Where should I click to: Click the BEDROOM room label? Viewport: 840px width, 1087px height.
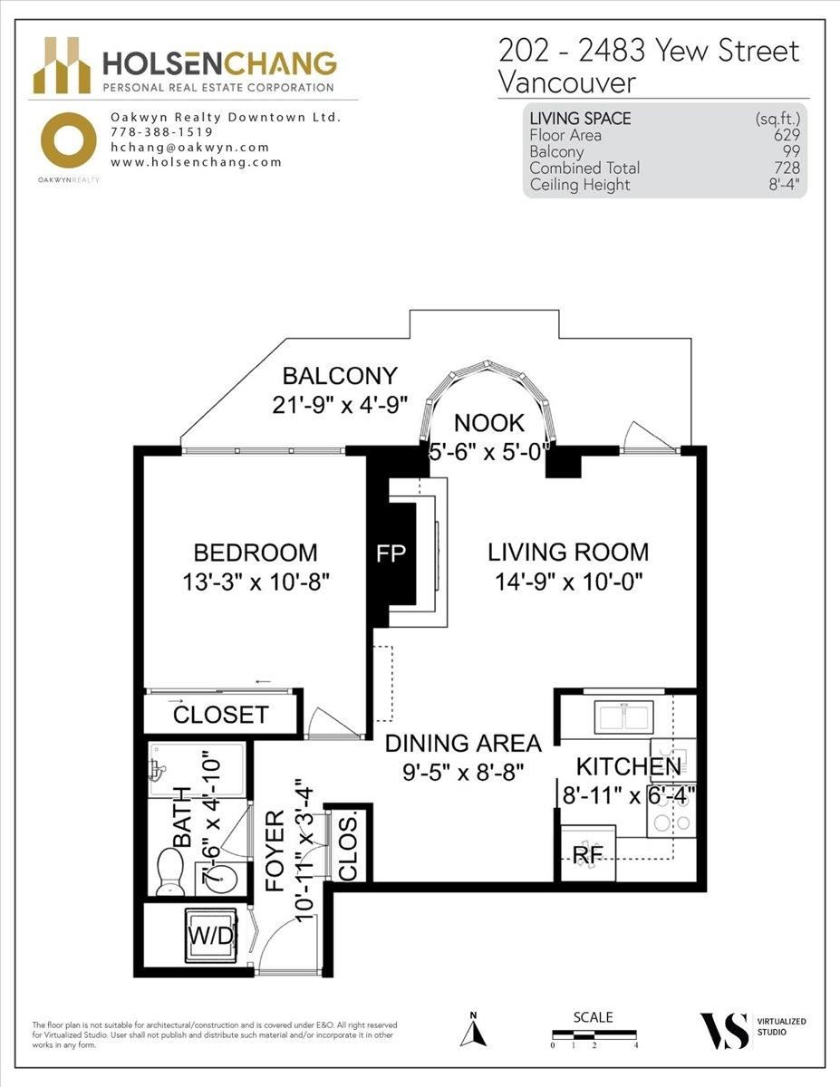(x=256, y=553)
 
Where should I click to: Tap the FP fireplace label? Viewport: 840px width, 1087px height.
(x=391, y=553)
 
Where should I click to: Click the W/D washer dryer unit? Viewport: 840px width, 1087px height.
(x=210, y=935)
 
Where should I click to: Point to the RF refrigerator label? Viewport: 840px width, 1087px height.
(x=588, y=855)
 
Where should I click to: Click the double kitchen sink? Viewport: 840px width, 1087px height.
(x=623, y=717)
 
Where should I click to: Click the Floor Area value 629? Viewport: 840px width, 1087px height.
(x=787, y=135)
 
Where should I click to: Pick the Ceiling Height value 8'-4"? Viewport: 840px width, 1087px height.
(x=785, y=185)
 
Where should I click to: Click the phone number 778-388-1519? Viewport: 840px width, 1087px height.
(x=161, y=132)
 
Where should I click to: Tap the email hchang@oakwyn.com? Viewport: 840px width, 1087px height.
(x=189, y=148)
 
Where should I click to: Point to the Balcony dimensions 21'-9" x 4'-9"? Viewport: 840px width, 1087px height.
(x=340, y=405)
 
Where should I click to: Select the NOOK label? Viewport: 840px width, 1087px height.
(x=489, y=424)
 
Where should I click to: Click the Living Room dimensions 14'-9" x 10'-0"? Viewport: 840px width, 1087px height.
(x=569, y=582)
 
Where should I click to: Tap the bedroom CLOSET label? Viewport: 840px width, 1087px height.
(x=220, y=715)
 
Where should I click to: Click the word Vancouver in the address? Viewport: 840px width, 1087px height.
(x=567, y=83)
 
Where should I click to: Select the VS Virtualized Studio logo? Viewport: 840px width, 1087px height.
(x=752, y=1031)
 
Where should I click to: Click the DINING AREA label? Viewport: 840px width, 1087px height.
(x=463, y=744)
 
